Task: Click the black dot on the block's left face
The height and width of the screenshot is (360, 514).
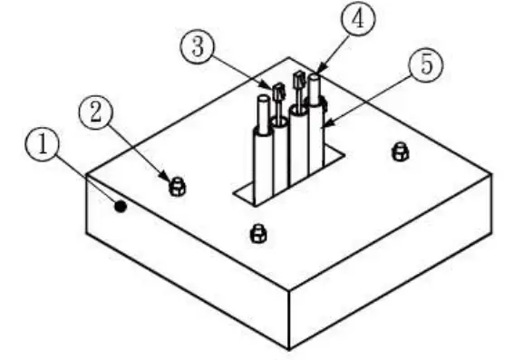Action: tap(120, 208)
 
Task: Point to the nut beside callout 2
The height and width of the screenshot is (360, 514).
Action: tap(179, 187)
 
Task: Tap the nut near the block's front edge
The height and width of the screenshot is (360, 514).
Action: tap(257, 234)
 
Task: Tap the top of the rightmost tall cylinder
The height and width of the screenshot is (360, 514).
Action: tap(315, 80)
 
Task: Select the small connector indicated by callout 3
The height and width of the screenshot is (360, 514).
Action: tap(278, 91)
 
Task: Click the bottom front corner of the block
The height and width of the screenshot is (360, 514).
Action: tap(289, 348)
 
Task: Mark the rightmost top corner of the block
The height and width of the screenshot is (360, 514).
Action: tap(492, 172)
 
